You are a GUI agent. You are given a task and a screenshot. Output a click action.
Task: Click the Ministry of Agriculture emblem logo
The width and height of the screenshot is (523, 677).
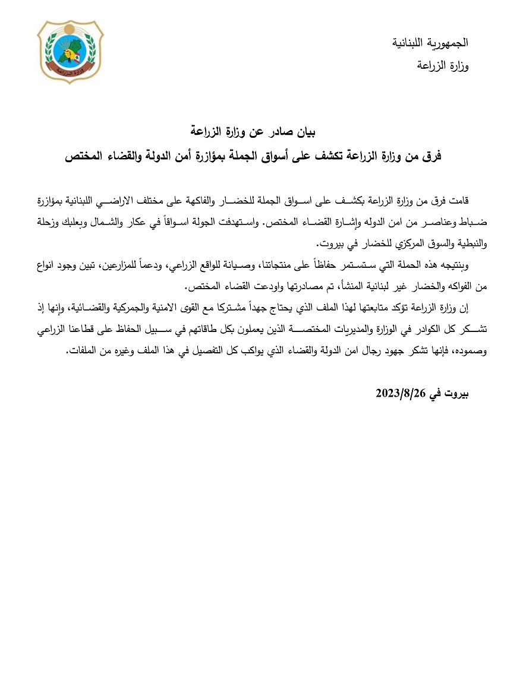pyautogui.click(x=70, y=52)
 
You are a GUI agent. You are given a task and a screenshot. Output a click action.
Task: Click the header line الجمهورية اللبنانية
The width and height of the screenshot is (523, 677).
pyautogui.click(x=431, y=43)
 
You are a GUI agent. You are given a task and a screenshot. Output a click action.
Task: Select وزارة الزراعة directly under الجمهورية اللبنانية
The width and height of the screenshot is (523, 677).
pyautogui.click(x=444, y=65)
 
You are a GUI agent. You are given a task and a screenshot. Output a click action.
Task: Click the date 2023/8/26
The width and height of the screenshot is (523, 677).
pyautogui.click(x=402, y=393)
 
